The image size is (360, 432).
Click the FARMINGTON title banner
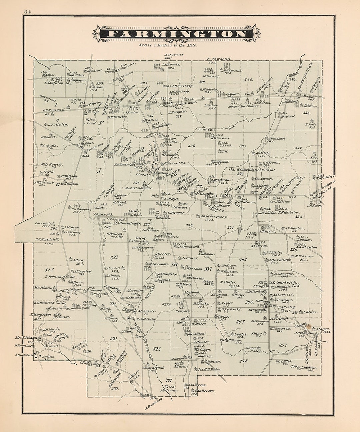pos(176,34)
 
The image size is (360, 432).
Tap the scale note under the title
pos(168,44)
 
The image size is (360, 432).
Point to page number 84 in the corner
pos(27,12)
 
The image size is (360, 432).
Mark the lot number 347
pos(240,322)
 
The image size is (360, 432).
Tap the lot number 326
pos(157,349)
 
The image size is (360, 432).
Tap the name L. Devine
pos(309,312)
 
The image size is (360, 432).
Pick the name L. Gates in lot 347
pos(240,334)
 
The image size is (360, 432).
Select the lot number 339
pos(249,79)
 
